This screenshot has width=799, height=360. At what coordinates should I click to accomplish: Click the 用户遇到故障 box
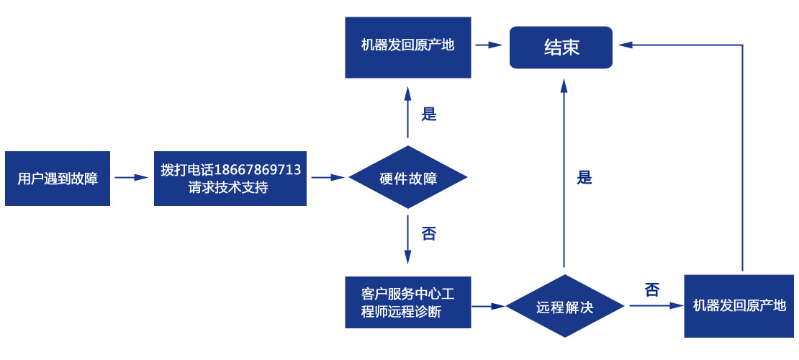(58, 179)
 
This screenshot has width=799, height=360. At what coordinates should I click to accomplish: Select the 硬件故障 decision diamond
(408, 178)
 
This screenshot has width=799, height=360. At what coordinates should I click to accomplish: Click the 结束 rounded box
(561, 48)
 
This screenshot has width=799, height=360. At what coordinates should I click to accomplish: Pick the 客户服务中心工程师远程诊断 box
(408, 302)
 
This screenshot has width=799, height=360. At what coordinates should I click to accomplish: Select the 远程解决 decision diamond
(565, 307)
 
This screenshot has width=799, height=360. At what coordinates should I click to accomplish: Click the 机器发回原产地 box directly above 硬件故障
(408, 45)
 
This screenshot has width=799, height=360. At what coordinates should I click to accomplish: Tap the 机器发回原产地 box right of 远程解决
(739, 305)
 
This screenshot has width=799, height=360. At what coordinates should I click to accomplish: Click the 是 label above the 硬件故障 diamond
(429, 114)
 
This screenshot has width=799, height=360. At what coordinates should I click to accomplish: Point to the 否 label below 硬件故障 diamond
(429, 234)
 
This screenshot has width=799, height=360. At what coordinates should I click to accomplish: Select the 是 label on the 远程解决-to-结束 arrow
(584, 178)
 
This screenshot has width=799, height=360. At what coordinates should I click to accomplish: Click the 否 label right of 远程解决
(652, 290)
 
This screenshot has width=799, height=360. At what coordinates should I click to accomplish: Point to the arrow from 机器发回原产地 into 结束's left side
(489, 45)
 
